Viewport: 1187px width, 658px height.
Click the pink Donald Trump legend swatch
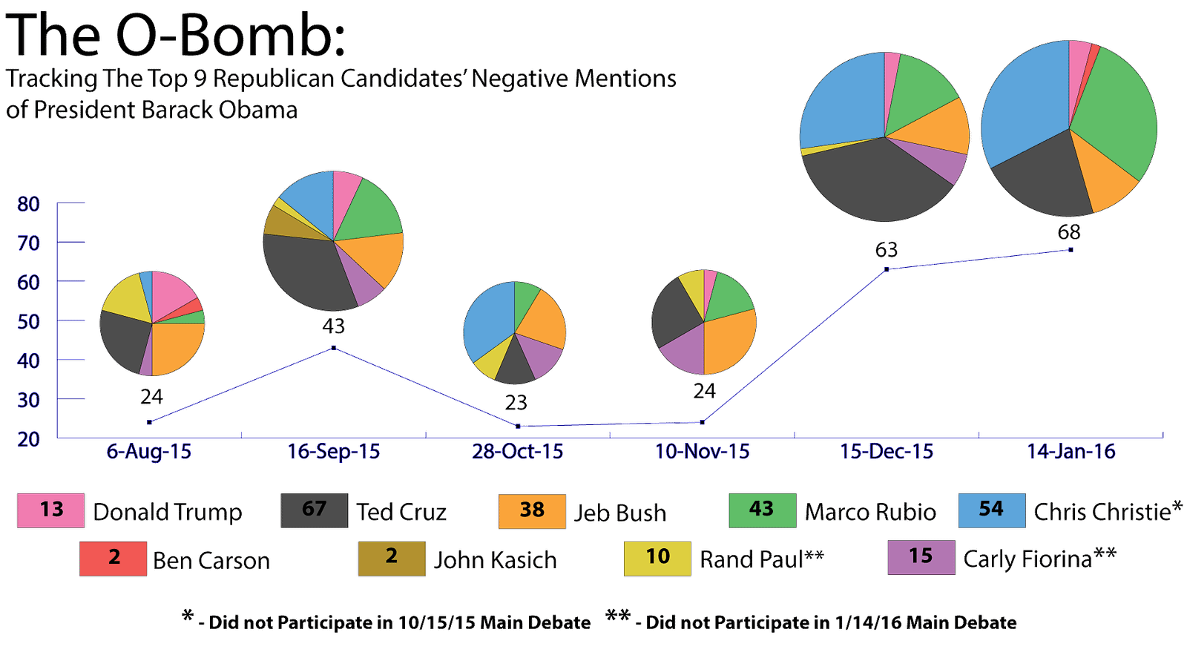(50, 510)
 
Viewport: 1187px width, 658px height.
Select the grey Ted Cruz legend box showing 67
(314, 510)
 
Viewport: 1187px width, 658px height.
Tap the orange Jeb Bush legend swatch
(531, 510)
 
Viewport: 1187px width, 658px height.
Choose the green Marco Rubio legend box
(762, 510)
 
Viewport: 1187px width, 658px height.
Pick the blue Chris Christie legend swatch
(991, 510)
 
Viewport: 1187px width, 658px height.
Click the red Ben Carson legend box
(114, 558)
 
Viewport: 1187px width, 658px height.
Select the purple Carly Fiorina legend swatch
(921, 557)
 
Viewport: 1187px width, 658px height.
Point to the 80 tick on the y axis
(29, 203)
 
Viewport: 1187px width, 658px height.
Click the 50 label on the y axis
(29, 321)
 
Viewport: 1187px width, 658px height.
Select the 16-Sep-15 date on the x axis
(334, 451)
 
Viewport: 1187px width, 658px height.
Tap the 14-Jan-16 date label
(1071, 451)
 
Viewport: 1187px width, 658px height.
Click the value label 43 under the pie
(333, 326)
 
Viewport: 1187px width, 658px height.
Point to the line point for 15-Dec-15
(885, 270)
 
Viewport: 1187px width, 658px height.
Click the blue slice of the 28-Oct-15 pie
(485, 323)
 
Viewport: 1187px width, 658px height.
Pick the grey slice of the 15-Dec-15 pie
(875, 182)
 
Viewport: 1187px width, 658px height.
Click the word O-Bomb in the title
(230, 35)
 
